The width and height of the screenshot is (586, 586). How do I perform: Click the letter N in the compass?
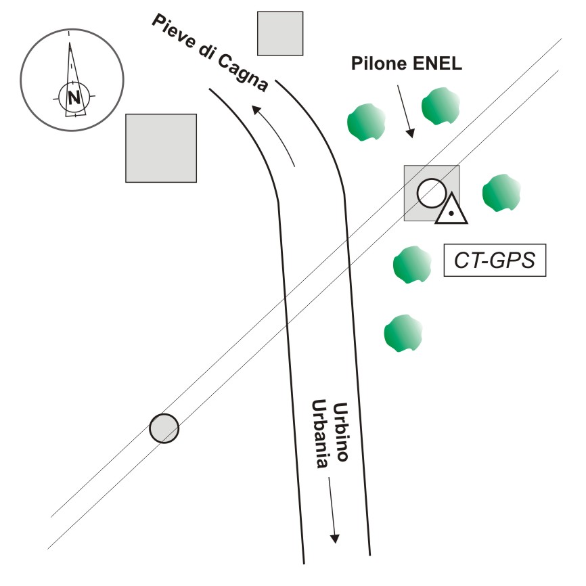point(72,97)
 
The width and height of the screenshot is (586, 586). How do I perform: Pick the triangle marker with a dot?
point(451,210)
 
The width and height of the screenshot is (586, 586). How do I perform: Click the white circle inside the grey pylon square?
point(430,194)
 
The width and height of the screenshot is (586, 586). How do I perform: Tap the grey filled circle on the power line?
point(164,428)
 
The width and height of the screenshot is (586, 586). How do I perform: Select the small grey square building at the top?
point(280,33)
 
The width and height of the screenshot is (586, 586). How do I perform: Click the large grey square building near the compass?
point(161,148)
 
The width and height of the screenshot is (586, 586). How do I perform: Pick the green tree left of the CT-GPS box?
point(412,265)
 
